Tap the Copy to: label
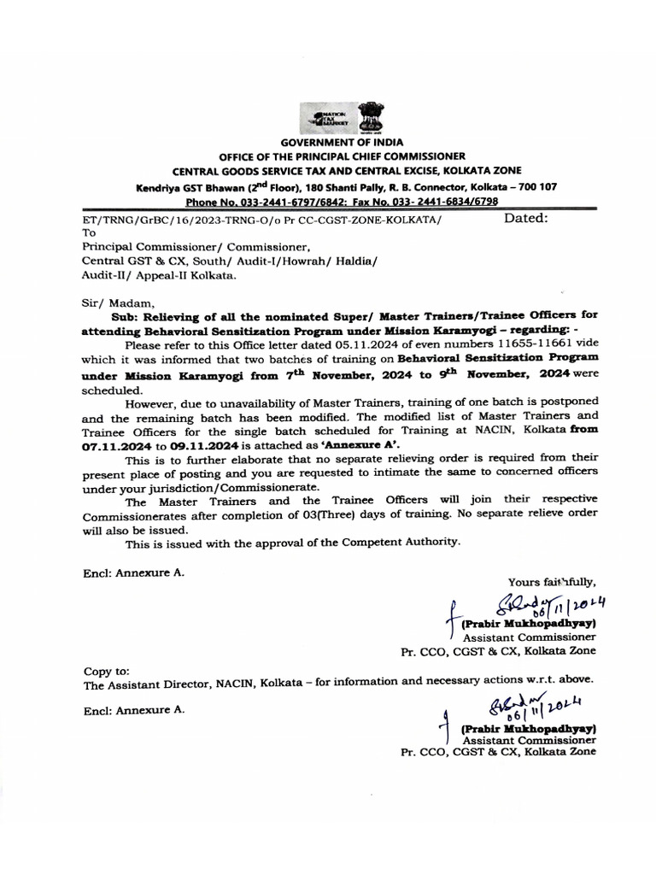click(x=107, y=671)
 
